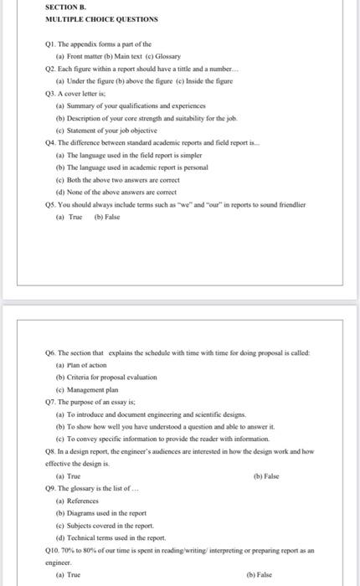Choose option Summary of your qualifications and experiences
[121, 106]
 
